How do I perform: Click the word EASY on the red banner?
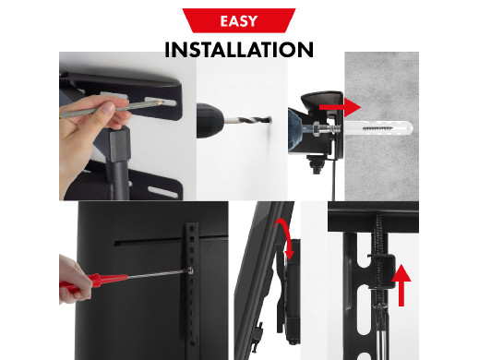(239, 21)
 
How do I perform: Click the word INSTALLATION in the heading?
(239, 50)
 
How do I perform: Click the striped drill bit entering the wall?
(247, 120)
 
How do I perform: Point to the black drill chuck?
(210, 120)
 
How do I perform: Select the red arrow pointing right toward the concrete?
(340, 107)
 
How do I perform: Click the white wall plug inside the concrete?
(378, 128)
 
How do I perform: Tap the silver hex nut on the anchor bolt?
(317, 128)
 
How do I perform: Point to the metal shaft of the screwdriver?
(160, 273)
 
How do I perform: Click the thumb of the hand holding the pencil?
(107, 108)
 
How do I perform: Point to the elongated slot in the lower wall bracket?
(162, 192)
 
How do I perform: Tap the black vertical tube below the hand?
(119, 163)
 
